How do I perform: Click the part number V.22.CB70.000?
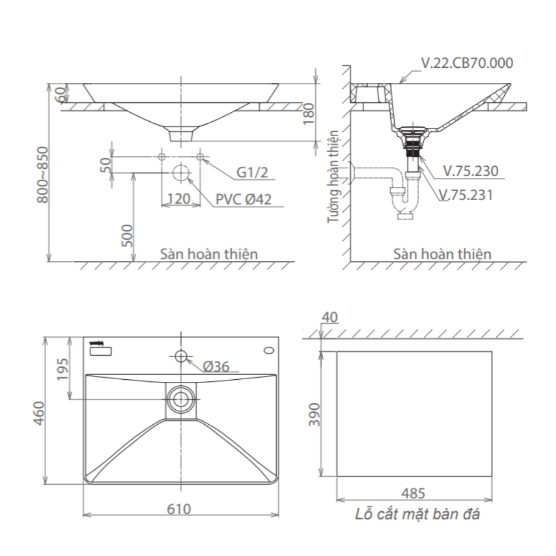467,63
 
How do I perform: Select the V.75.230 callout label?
470,171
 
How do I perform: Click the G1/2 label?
252,173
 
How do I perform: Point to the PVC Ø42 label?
244,199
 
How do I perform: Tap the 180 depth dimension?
310,113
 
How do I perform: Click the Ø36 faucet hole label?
216,366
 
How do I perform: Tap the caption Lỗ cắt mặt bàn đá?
418,514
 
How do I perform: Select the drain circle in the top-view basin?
180,398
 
